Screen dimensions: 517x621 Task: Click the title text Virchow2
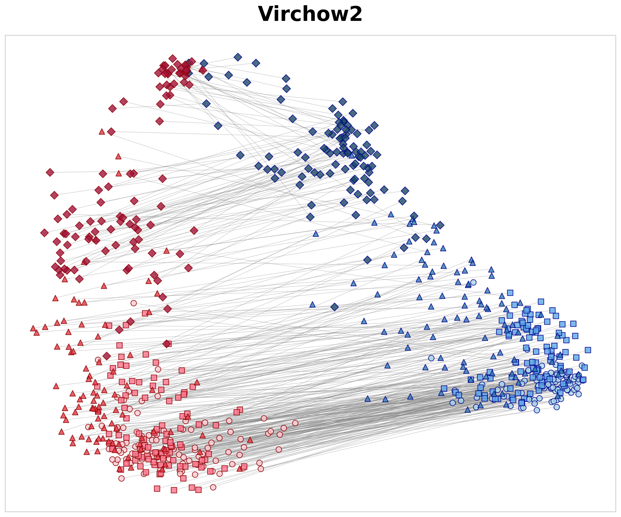[x=310, y=14]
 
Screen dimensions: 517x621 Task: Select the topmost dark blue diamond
[x=238, y=57]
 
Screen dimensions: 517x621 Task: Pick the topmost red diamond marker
[x=173, y=58]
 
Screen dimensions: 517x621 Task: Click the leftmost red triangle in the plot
[x=33, y=328]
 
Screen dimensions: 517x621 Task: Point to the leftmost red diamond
[x=44, y=233]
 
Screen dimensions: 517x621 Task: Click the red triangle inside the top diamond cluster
[x=202, y=70]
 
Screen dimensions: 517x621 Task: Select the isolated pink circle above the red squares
[x=134, y=303]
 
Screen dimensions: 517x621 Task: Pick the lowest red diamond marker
[x=107, y=356]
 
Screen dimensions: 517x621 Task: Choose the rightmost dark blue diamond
[x=440, y=225]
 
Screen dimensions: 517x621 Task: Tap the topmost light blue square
[x=510, y=293]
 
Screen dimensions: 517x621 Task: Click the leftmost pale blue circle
[x=431, y=358]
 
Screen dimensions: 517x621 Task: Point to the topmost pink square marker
[x=145, y=313]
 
